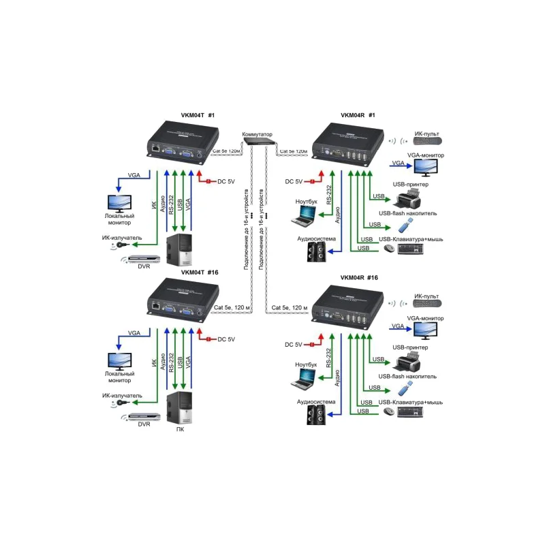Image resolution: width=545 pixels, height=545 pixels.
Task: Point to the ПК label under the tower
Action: click(180, 430)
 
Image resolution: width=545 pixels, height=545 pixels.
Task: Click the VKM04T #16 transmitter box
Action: click(177, 301)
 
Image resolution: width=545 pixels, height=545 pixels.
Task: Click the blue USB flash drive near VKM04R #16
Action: click(403, 389)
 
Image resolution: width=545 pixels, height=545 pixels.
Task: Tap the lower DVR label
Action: click(144, 424)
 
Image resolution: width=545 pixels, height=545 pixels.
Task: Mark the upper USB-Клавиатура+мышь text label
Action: click(411, 238)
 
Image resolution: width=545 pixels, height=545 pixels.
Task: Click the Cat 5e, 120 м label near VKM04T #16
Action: click(232, 308)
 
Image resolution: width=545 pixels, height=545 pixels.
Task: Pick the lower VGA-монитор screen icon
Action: click(424, 329)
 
